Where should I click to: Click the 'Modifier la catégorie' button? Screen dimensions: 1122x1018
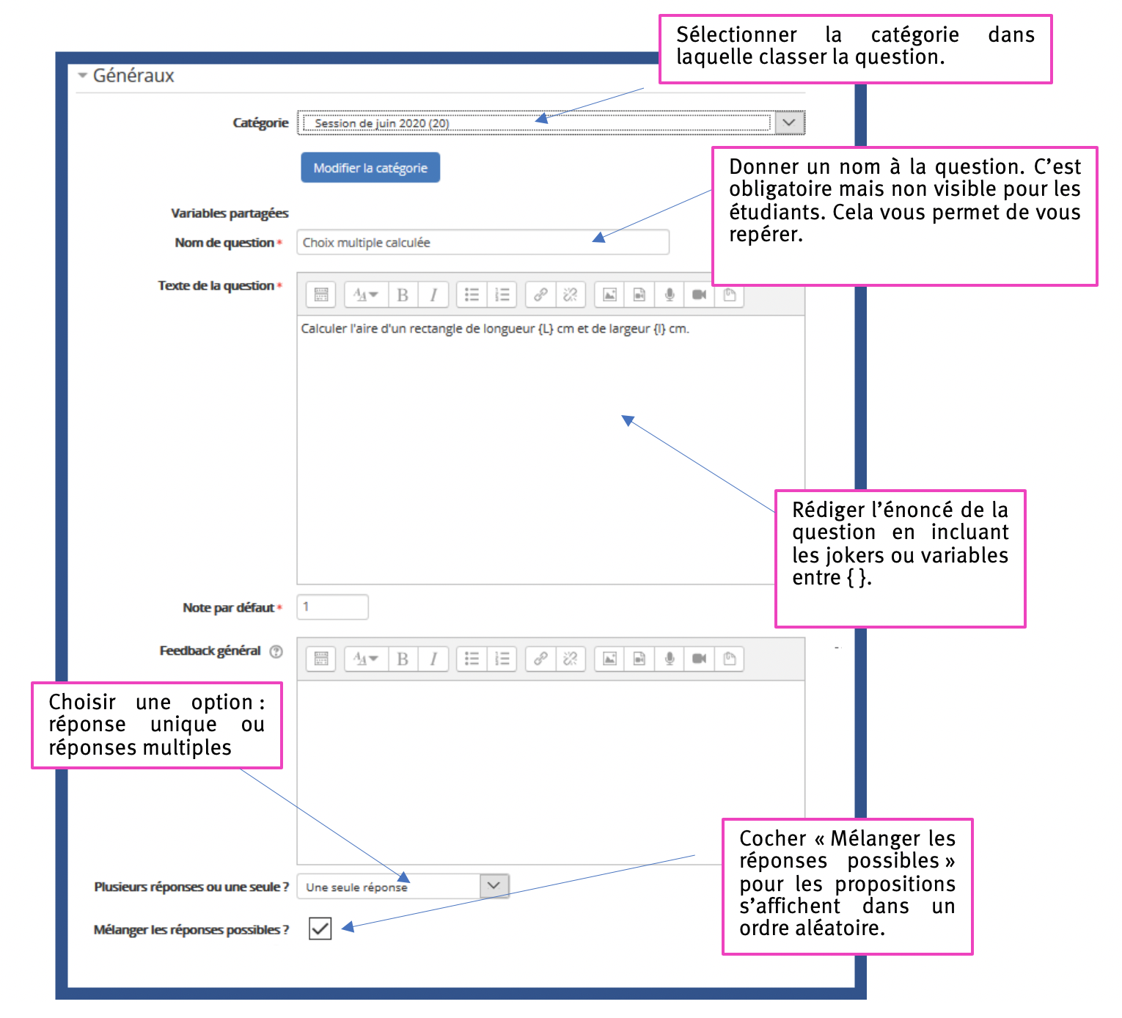click(370, 167)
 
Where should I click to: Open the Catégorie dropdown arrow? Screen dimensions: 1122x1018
click(788, 122)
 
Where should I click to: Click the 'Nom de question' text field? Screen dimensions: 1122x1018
click(483, 242)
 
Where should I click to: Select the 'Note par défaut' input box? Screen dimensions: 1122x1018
click(332, 607)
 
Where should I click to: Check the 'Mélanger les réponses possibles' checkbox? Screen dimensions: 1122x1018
click(320, 928)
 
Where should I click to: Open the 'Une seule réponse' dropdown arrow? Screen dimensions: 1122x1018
click(494, 885)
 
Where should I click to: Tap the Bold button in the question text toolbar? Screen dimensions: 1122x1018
click(402, 295)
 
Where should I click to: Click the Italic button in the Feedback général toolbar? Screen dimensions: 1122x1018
click(433, 659)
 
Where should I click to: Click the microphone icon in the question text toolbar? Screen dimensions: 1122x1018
click(669, 295)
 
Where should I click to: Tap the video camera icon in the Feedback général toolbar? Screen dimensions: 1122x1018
click(699, 659)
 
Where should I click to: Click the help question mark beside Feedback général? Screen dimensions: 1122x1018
click(276, 651)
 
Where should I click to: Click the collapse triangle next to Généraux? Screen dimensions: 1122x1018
click(82, 75)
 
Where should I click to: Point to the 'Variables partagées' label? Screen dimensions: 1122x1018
click(230, 213)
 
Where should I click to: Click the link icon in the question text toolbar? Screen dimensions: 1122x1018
click(540, 295)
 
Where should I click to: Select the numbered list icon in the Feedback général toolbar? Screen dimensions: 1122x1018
click(502, 659)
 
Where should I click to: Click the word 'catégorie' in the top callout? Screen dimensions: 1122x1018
click(914, 35)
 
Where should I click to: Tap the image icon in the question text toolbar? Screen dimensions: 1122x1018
click(609, 295)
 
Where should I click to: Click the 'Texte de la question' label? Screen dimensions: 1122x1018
click(216, 285)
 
